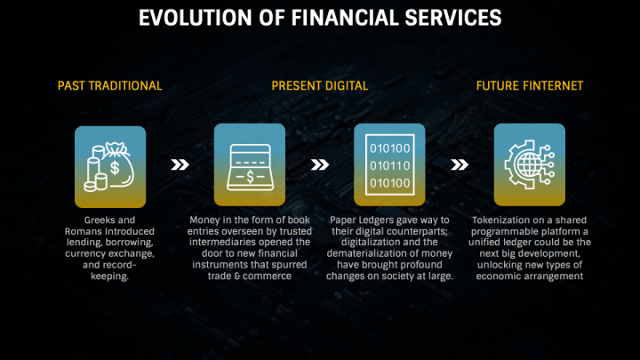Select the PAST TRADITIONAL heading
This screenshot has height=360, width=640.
click(x=110, y=85)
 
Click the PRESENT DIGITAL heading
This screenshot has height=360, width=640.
click(x=320, y=85)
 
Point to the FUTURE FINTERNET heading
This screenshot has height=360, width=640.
click(x=530, y=85)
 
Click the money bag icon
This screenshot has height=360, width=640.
click(x=117, y=165)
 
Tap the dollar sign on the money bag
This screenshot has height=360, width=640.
click(x=115, y=167)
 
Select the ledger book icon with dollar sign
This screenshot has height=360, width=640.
click(x=250, y=167)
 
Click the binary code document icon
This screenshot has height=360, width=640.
click(x=390, y=165)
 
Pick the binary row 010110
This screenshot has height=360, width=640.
click(x=390, y=165)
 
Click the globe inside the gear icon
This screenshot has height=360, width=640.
click(x=529, y=164)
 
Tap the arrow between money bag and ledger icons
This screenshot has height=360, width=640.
click(x=180, y=164)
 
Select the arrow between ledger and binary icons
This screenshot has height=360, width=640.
click(x=320, y=164)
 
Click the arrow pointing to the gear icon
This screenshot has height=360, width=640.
click(x=460, y=164)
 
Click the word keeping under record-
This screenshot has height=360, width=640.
click(x=109, y=276)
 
